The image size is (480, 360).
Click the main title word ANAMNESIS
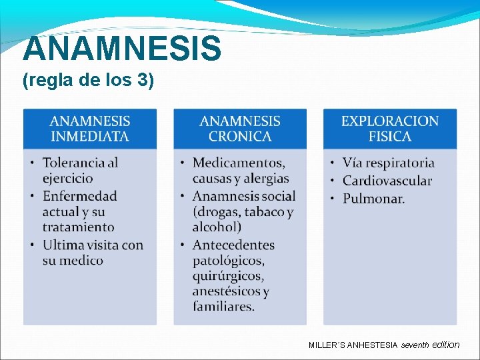click(x=122, y=48)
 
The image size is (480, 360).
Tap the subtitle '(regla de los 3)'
click(x=88, y=81)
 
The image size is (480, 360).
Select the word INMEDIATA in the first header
click(x=90, y=137)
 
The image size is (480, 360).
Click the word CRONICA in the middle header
click(x=240, y=137)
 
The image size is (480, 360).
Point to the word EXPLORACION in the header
click(x=390, y=121)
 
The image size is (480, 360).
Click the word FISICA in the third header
click(x=390, y=137)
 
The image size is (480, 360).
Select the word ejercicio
click(x=68, y=179)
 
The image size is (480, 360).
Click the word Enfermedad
click(x=80, y=196)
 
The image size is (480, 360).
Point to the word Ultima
click(x=64, y=245)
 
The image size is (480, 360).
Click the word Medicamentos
click(x=239, y=163)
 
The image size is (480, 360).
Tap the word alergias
click(x=266, y=179)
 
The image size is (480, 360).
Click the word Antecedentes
click(x=233, y=245)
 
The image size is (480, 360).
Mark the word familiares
click(x=223, y=307)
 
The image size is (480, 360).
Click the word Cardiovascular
click(x=387, y=181)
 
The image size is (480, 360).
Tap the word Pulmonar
click(x=373, y=199)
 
